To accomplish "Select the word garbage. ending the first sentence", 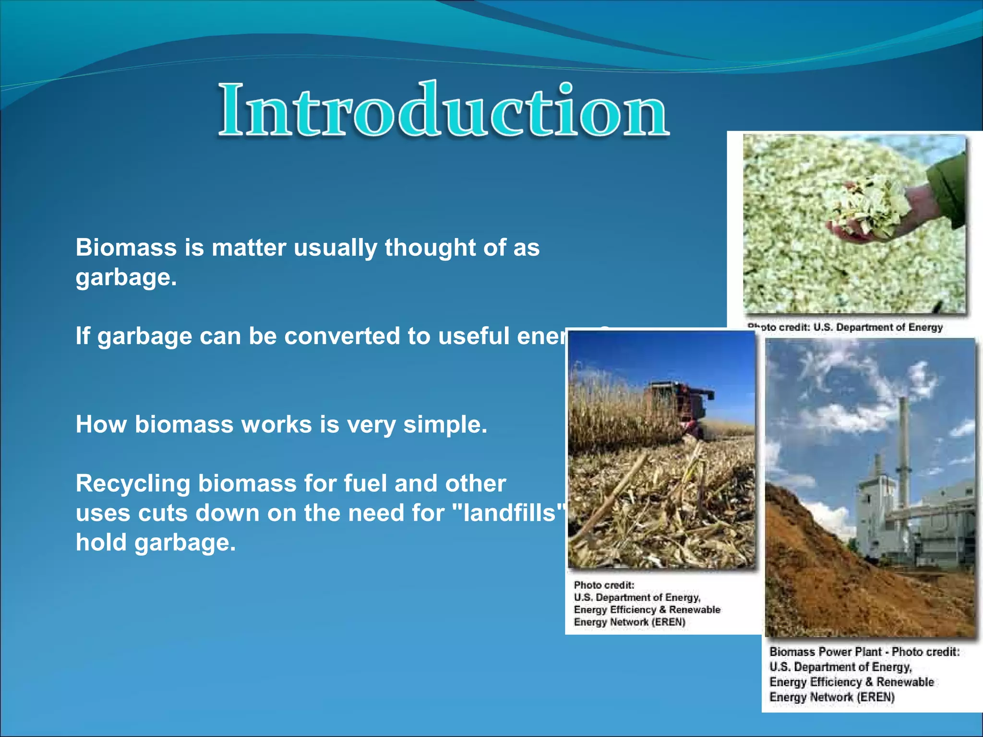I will pos(126,278).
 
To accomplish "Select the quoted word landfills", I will pos(509,513).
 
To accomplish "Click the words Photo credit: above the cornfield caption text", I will pos(604,585).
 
